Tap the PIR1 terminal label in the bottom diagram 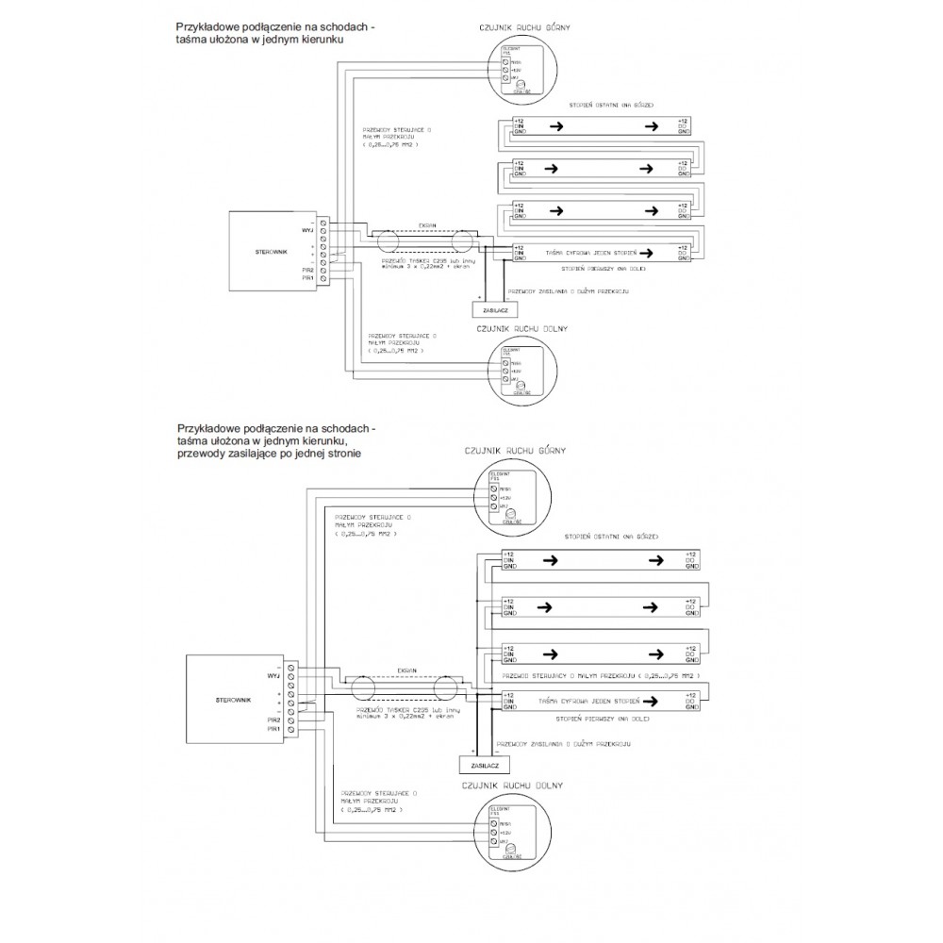273,729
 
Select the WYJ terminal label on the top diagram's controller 306,228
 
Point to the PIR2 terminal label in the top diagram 306,271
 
